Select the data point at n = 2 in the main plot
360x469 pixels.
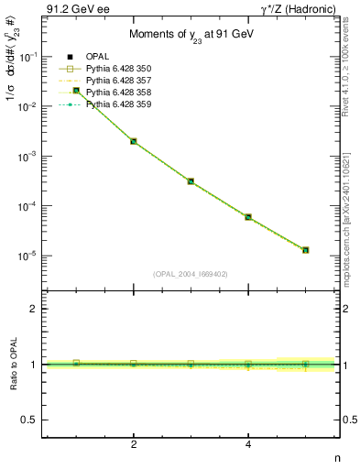(x=134, y=141)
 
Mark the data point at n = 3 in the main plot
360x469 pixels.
(x=191, y=181)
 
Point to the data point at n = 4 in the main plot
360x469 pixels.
(x=248, y=217)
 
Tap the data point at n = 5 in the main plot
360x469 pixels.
(x=305, y=250)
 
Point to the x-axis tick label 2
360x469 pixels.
(x=134, y=444)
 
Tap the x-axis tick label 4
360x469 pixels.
(x=248, y=444)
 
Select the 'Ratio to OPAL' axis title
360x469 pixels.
(x=13, y=365)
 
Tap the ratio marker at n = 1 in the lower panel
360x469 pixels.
(x=76, y=363)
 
